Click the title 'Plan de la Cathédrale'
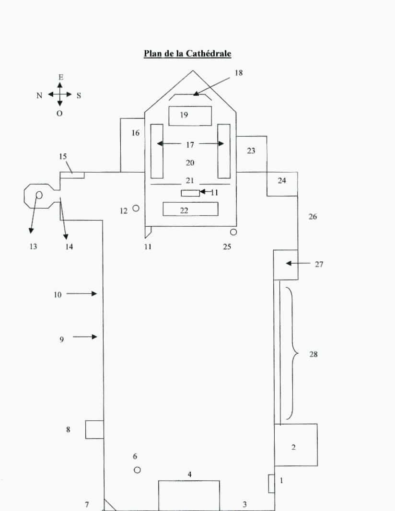coord(187,53)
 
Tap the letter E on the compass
coord(60,78)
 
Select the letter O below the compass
coord(59,114)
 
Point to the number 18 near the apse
coord(239,73)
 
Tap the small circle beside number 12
coord(136,208)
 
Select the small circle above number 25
coord(233,232)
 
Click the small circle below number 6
coord(137,470)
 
